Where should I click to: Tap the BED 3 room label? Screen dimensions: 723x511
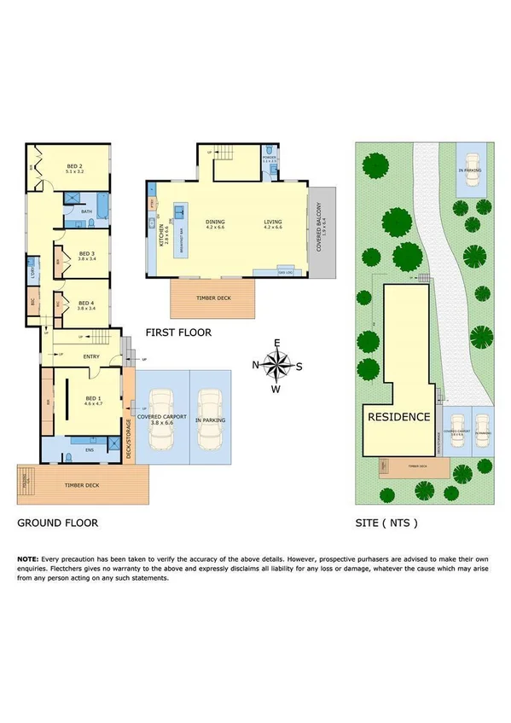click(x=85, y=254)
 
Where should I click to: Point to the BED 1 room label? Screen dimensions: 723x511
click(x=94, y=400)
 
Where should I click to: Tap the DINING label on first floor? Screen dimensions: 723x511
click(x=215, y=224)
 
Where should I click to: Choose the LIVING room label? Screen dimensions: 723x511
click(x=272, y=224)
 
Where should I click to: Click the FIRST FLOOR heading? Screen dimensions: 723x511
click(x=178, y=333)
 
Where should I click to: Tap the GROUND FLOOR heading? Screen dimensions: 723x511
click(x=57, y=523)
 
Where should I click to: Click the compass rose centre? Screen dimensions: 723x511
click(x=276, y=366)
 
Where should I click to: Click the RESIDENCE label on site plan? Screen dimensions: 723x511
click(x=398, y=418)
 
